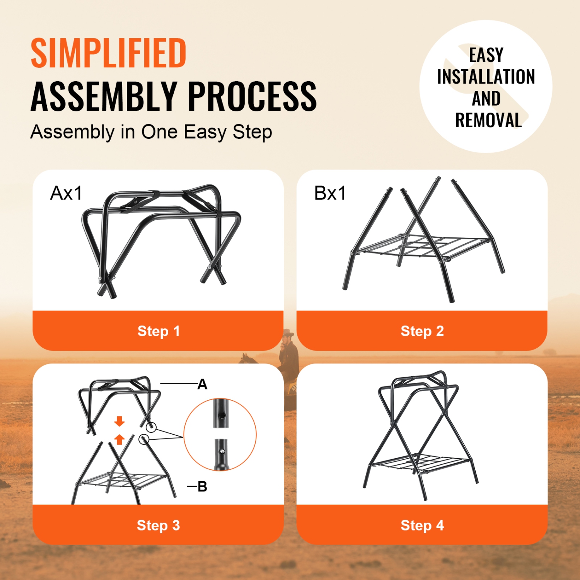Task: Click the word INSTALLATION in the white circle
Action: click(x=486, y=77)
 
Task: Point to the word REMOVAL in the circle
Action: click(x=488, y=120)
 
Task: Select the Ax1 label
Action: click(x=66, y=193)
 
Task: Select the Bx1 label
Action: click(x=330, y=193)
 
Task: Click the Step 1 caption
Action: click(x=159, y=331)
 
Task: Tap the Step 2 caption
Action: click(x=422, y=331)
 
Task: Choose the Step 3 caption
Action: click(x=158, y=525)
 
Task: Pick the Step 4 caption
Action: click(x=422, y=525)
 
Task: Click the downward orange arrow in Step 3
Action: click(x=119, y=421)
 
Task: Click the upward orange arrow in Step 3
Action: click(x=119, y=439)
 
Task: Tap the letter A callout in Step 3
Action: click(x=202, y=384)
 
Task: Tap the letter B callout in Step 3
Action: click(x=202, y=486)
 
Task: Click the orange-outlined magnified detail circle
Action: click(x=220, y=435)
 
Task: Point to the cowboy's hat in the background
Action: click(x=288, y=333)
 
